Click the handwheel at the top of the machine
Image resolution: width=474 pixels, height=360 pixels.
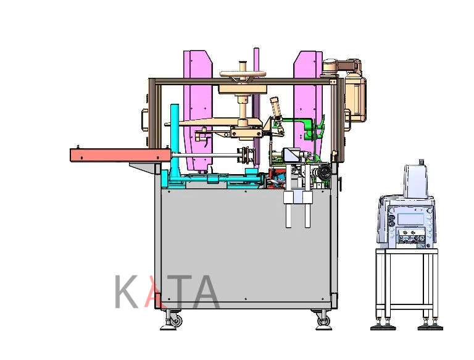(243, 74)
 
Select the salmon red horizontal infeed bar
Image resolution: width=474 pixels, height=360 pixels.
(120, 155)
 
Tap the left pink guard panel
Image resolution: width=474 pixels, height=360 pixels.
(197, 109)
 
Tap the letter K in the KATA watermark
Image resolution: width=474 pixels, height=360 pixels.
(127, 291)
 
